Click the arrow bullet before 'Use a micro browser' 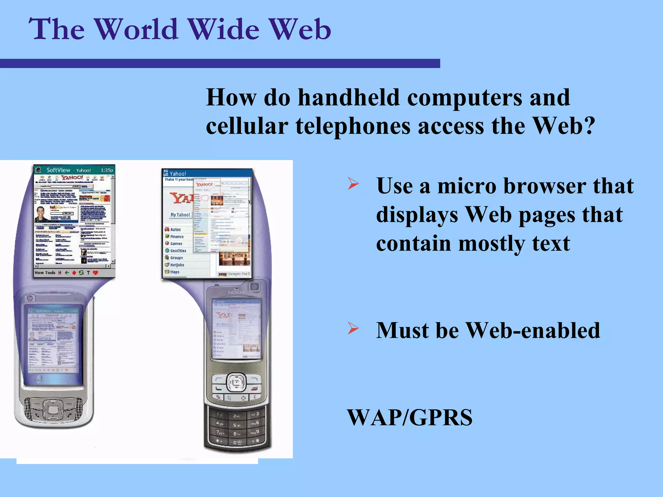point(353,184)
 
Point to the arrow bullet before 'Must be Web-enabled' point(353,329)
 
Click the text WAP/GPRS point(410,417)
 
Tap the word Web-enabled point(533,330)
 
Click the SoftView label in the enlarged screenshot point(58,170)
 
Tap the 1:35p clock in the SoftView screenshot point(107,170)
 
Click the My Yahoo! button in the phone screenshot point(180,215)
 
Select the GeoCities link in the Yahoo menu point(178,251)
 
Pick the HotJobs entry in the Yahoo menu point(177,265)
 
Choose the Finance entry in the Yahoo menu point(177,237)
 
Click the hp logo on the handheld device point(30,298)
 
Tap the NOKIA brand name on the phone point(236,293)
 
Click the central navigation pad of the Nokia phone point(236,382)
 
